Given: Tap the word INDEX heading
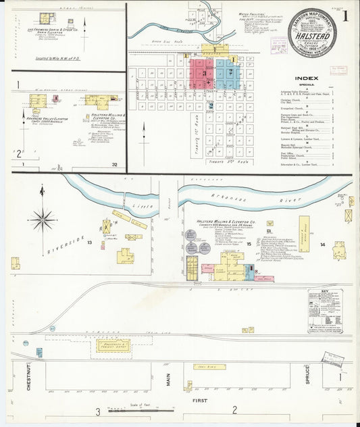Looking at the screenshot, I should pos(307,78).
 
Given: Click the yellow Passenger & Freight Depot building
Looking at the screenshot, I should pos(113,345).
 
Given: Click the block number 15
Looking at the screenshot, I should pos(249,243).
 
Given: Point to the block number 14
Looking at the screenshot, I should pos(322,244).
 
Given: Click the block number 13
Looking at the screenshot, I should pos(89,241).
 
